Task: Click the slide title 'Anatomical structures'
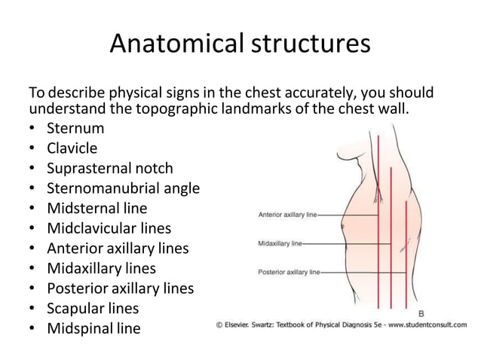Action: coord(240,44)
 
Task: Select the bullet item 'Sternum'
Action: coord(75,128)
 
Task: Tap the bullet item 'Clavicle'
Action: coord(72,148)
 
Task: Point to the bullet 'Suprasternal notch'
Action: coord(110,168)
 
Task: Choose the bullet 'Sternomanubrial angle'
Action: coord(124,188)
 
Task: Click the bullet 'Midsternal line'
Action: coord(97,208)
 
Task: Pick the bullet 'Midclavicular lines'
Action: coord(109,228)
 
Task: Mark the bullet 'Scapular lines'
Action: coord(93,308)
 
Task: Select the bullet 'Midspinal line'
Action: coord(93,328)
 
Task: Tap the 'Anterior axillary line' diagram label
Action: coord(288,215)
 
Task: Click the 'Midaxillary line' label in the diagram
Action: coord(280,244)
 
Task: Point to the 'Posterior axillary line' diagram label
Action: coord(289,271)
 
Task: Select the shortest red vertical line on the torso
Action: coord(406,249)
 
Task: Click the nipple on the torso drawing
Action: coord(342,224)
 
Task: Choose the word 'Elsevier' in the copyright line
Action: coord(241,325)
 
